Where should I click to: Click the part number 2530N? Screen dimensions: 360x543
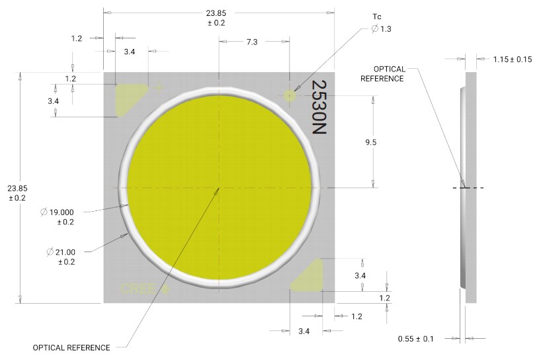coord(319,109)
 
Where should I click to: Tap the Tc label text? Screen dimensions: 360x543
coord(377,16)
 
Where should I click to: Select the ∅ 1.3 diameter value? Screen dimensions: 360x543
coord(382,28)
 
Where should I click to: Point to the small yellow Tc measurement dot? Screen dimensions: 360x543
coord(290,95)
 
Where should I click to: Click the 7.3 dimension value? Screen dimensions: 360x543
coord(252,42)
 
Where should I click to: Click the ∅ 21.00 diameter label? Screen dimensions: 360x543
coord(61,251)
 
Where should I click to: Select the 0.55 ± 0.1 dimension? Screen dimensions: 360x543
coord(415,339)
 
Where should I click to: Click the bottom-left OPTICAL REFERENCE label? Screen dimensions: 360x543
coord(71,347)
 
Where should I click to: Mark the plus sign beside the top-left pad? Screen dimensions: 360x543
coord(158,87)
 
